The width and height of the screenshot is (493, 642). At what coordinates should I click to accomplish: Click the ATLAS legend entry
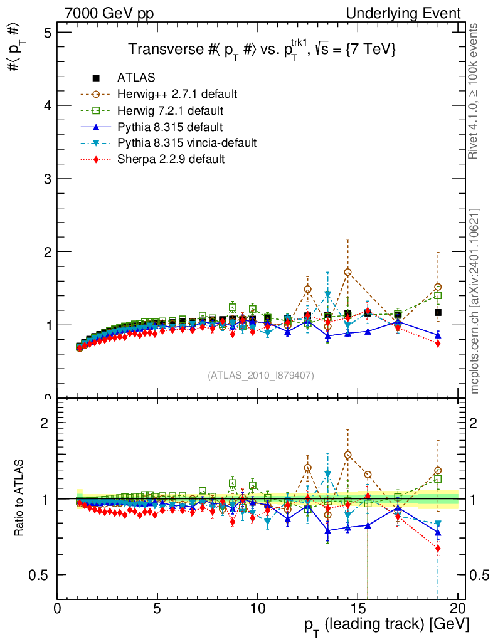click(x=136, y=78)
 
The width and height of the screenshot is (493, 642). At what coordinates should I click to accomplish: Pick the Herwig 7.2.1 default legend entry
click(x=170, y=111)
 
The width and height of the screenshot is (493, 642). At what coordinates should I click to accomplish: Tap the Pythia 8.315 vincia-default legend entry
click(x=187, y=143)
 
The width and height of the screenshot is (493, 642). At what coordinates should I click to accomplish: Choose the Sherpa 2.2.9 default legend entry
click(x=171, y=159)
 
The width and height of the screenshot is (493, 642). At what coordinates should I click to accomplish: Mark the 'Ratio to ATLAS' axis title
click(x=21, y=498)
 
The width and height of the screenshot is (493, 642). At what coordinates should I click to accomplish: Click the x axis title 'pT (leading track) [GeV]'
click(x=386, y=624)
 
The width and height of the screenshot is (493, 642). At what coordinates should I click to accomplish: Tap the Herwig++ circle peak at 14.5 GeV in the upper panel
click(x=347, y=272)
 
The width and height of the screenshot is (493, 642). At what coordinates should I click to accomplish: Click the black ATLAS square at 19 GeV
click(x=438, y=312)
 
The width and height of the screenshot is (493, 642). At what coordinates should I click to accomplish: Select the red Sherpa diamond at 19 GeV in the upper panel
click(x=438, y=344)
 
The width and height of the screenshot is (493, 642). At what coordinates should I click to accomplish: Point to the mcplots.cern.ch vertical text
click(x=475, y=301)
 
